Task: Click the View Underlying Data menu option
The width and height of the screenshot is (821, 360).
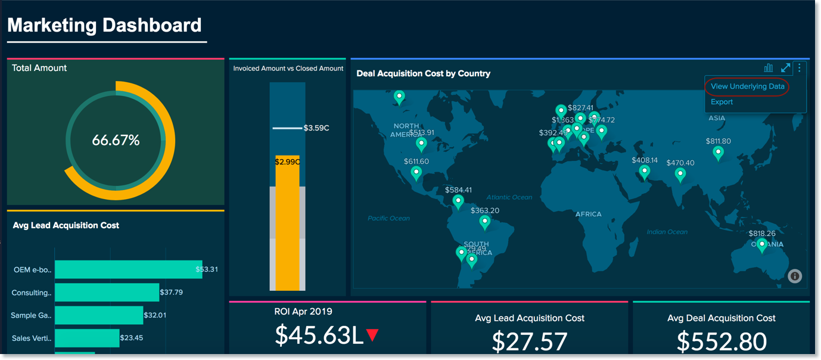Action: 747,86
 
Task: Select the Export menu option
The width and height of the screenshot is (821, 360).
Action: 722,102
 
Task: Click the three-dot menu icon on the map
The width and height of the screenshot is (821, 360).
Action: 800,68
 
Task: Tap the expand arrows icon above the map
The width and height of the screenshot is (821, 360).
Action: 786,68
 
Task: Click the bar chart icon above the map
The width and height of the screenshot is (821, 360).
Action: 769,68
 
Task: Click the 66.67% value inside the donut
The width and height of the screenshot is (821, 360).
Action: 116,141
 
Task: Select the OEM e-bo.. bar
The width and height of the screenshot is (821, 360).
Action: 128,269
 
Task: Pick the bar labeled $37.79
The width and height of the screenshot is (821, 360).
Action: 107,292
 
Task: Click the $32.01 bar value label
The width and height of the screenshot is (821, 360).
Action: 155,315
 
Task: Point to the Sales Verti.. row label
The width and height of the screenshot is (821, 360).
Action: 32,339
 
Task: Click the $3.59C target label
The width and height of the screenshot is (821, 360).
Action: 316,128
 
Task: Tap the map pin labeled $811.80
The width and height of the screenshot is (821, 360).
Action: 719,153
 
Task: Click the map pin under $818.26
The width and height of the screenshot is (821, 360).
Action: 761,244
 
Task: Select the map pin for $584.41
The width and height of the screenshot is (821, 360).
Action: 458,201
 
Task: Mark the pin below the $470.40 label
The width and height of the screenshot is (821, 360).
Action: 680,174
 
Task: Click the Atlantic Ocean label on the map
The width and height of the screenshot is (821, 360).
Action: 509,197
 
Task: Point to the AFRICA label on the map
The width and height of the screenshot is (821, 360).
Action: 588,214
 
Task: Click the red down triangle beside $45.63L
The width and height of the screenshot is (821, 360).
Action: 373,335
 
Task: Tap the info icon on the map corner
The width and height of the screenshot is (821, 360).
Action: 795,276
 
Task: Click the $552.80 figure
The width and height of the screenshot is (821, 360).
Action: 722,342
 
